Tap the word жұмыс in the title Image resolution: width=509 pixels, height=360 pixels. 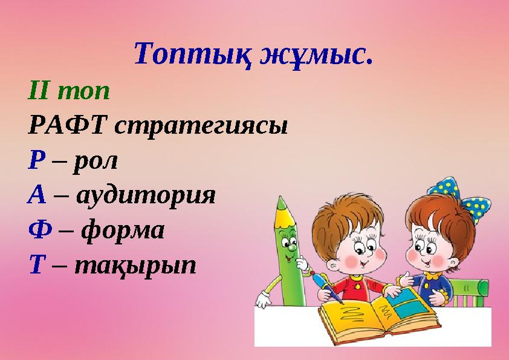[314, 55]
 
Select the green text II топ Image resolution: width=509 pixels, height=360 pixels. [69, 92]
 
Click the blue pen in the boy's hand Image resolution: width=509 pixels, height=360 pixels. [326, 288]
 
